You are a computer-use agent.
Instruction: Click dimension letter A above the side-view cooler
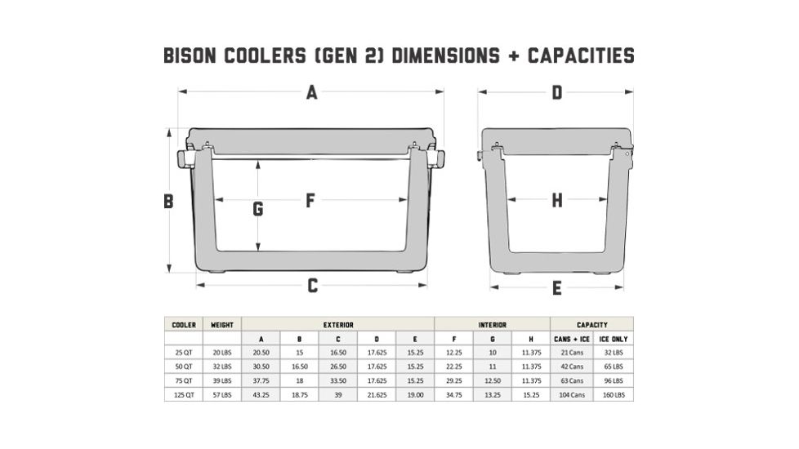(x=311, y=93)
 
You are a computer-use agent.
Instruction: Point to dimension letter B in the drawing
(x=168, y=202)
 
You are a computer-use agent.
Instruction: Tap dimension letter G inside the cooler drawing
(x=258, y=210)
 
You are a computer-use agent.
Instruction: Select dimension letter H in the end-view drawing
(x=557, y=200)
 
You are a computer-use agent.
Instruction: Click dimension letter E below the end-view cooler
(x=557, y=288)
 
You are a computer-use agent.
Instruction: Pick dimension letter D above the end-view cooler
(x=557, y=93)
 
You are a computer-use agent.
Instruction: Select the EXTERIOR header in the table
(x=338, y=325)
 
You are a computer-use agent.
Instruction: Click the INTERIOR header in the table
(x=493, y=325)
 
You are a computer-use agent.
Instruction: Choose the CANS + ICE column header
(x=572, y=339)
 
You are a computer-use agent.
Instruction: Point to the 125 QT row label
(x=184, y=394)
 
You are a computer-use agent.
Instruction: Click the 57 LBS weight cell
(x=222, y=394)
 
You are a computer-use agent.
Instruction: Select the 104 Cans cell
(x=572, y=394)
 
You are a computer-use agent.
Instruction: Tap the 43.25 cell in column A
(x=261, y=394)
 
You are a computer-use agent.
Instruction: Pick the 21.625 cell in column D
(x=377, y=394)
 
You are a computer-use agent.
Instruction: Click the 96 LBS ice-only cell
(x=614, y=380)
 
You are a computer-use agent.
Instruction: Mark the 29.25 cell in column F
(x=453, y=380)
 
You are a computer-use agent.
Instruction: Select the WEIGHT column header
(x=222, y=325)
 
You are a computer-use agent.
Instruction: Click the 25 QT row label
(x=184, y=353)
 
